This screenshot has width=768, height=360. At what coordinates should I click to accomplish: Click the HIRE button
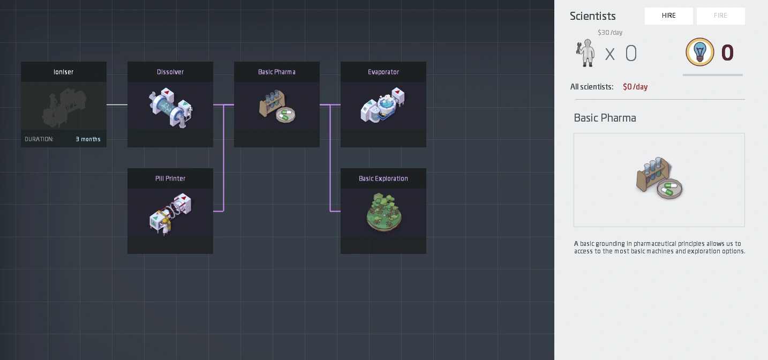click(668, 16)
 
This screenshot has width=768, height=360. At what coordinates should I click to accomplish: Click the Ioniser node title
click(63, 72)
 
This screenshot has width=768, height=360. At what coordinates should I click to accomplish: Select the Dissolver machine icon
click(171, 108)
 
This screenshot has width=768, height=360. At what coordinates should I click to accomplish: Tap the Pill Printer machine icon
click(170, 214)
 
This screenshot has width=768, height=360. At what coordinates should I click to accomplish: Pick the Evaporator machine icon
click(382, 105)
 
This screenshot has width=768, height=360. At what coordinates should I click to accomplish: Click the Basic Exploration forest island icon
click(383, 213)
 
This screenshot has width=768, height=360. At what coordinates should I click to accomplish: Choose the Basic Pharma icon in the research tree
click(277, 106)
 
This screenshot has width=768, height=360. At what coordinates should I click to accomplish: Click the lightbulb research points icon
click(700, 52)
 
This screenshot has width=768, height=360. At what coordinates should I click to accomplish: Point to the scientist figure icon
click(585, 53)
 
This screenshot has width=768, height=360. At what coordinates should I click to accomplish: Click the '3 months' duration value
click(88, 139)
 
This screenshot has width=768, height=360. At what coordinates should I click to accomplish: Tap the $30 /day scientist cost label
click(610, 33)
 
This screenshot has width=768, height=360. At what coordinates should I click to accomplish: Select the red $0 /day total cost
click(635, 87)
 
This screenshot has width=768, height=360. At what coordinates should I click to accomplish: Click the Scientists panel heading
click(593, 16)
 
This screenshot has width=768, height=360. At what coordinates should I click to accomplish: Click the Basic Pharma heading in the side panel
click(605, 118)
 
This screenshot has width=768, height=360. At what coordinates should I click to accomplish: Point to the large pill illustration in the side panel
click(659, 178)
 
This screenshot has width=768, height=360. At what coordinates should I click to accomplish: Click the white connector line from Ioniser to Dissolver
click(117, 104)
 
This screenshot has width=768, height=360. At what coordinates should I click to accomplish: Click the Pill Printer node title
click(170, 178)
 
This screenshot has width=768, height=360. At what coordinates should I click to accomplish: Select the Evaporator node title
click(383, 72)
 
